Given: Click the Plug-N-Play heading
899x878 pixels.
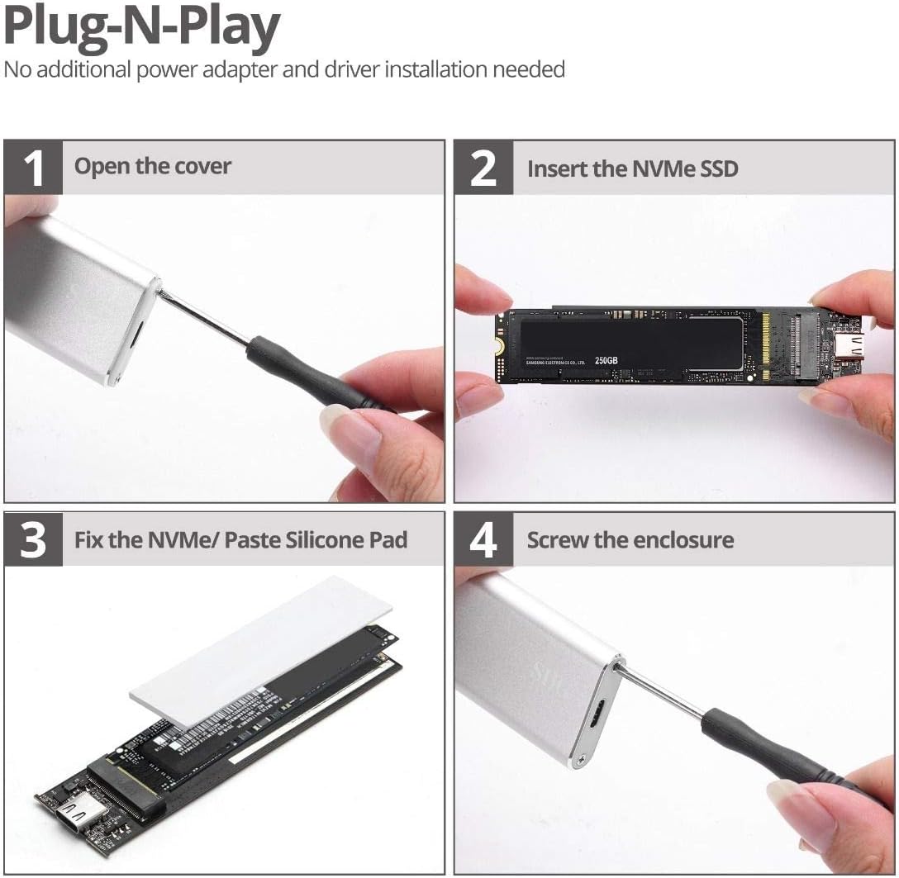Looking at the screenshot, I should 142,26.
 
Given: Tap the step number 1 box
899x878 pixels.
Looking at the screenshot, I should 33,167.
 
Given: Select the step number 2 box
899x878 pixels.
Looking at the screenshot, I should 483,168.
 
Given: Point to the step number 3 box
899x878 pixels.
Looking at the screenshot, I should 33,540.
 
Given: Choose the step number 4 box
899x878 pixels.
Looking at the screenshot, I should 483,540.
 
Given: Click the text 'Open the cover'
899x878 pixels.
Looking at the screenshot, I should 153,167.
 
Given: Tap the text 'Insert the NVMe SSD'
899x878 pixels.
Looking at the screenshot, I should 632,168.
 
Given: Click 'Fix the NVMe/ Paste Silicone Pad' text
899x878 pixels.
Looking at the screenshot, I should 240,540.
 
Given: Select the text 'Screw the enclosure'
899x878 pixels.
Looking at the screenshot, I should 630,540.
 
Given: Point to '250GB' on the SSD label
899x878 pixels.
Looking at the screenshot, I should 606,360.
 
